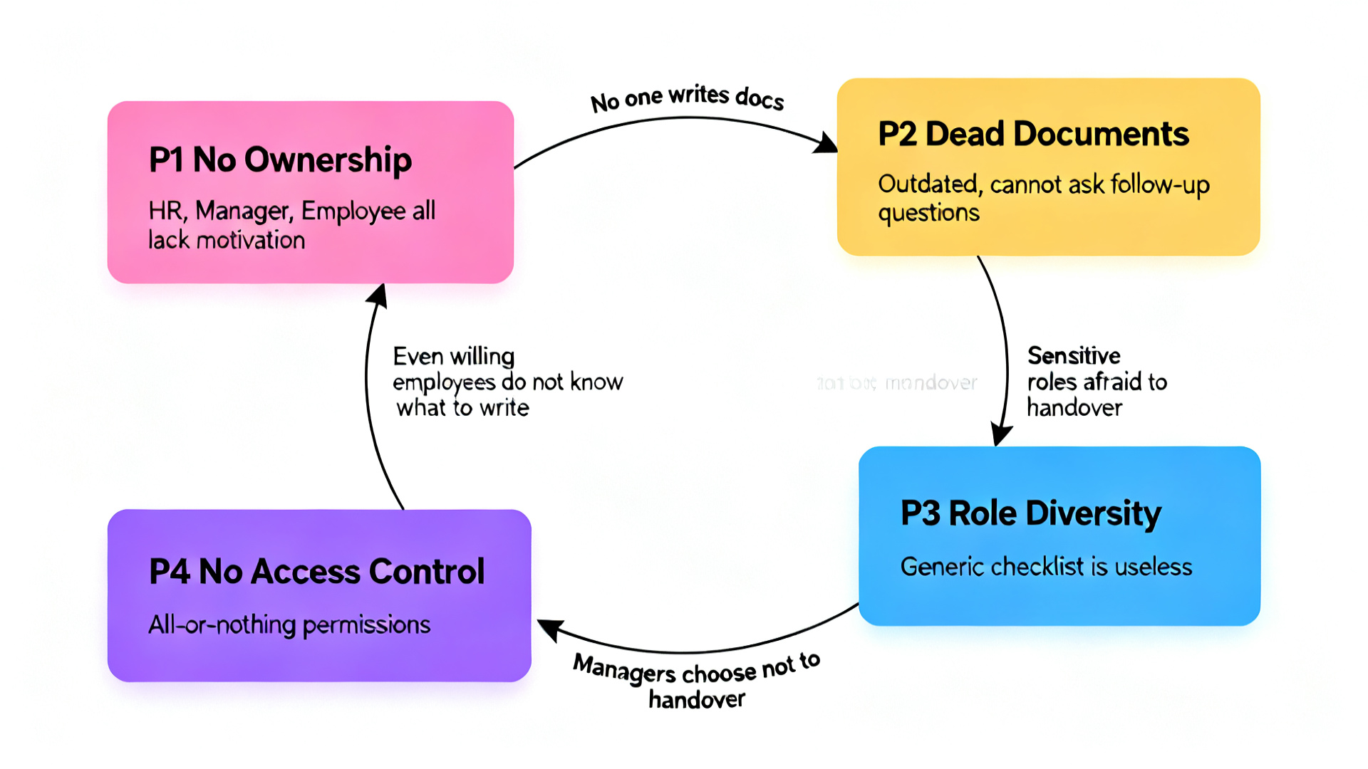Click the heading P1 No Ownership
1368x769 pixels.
280,159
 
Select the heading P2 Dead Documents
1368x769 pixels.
1033,134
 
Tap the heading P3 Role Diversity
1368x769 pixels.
1030,513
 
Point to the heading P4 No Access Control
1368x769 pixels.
316,571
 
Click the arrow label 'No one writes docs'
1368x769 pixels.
687,98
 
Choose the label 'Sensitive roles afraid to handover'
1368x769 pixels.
1096,382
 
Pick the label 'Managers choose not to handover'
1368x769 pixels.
696,680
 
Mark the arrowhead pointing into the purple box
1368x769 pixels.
549,628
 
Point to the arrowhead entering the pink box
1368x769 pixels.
378,295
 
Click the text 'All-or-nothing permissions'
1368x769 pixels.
289,625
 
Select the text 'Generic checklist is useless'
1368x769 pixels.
1046,567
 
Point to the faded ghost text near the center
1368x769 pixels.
897,383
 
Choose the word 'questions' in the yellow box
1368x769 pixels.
928,213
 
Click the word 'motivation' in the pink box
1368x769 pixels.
250,241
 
